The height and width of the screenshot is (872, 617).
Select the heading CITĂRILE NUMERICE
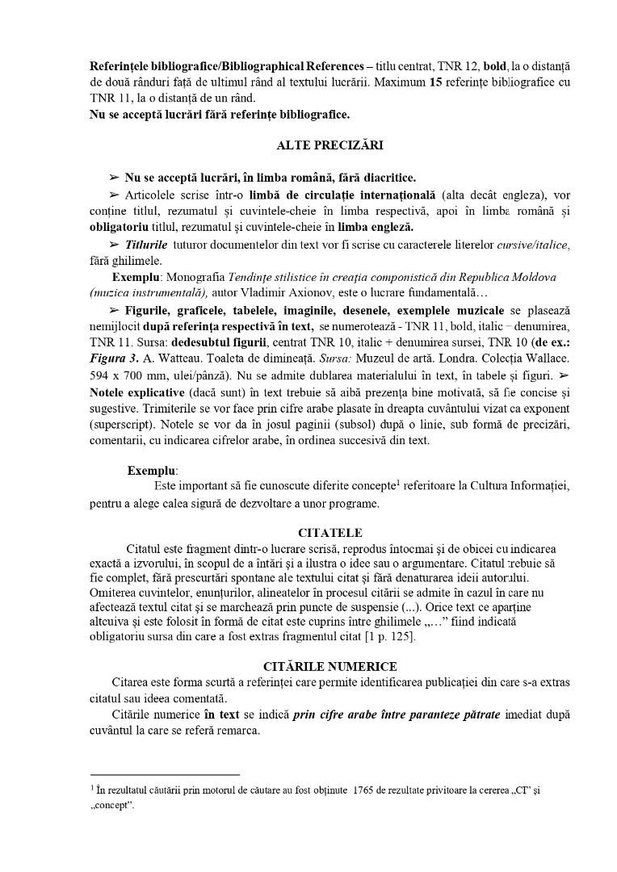tap(329, 666)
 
